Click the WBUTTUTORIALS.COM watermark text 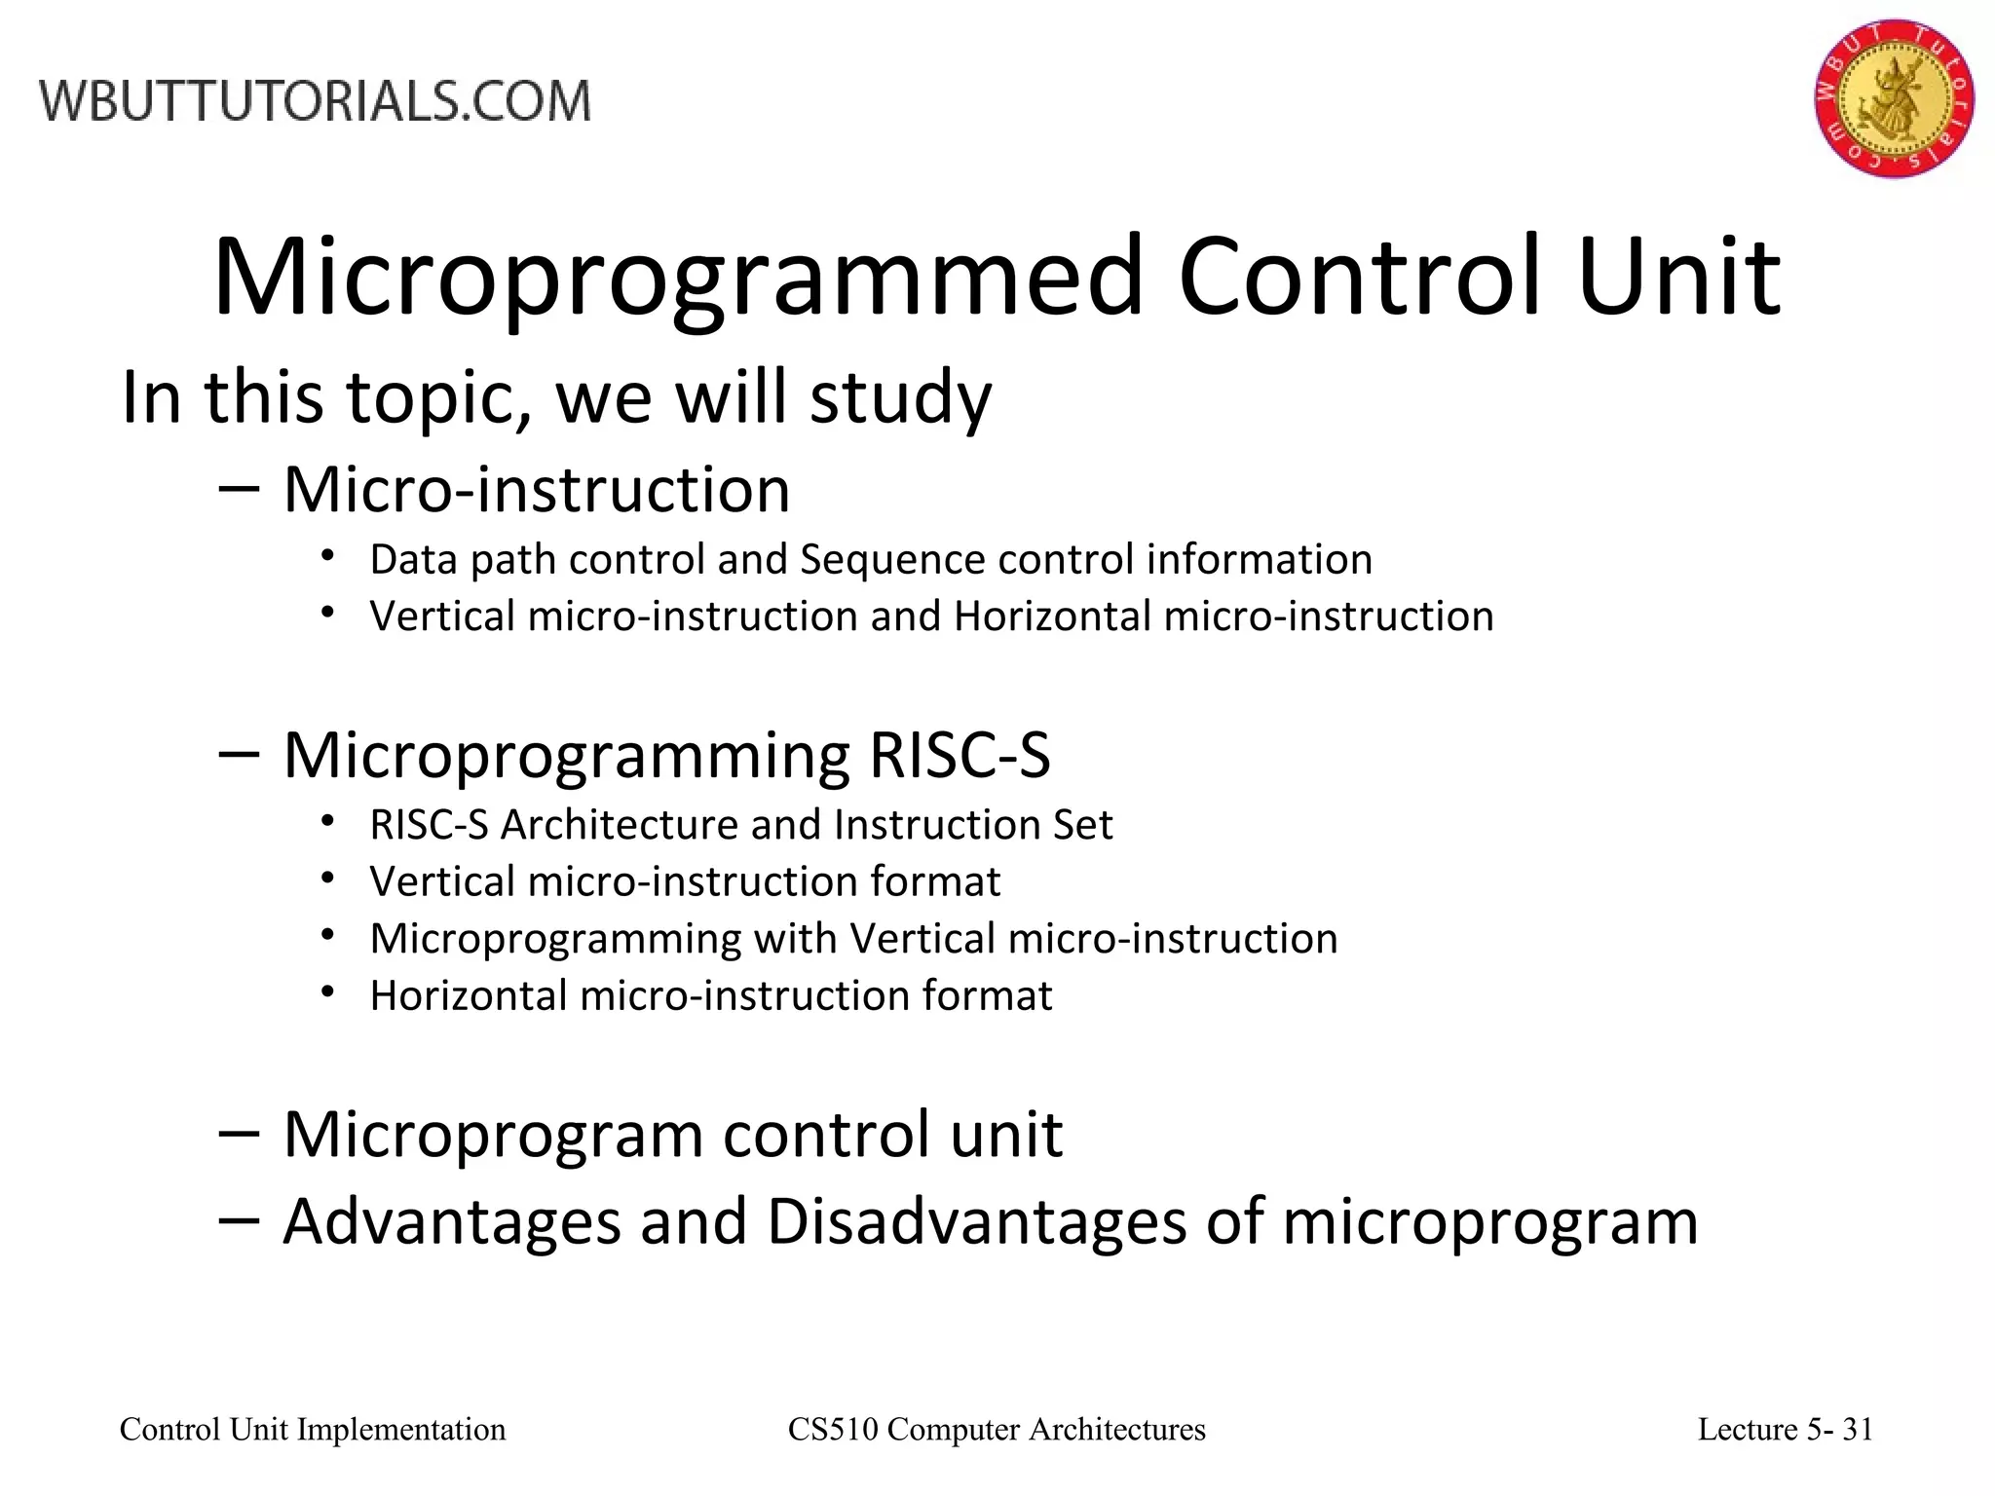(315, 101)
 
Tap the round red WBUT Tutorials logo (1893, 97)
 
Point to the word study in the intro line (900, 398)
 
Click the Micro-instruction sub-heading (536, 489)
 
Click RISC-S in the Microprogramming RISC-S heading (960, 755)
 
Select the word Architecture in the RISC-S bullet (620, 825)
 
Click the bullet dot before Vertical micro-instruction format (328, 879)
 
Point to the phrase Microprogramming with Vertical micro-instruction (853, 939)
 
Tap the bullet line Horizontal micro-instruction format (711, 995)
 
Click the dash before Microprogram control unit (239, 1133)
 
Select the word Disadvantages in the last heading (976, 1221)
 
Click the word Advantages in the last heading (452, 1221)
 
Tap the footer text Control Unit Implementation (313, 1430)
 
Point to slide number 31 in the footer (1858, 1430)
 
